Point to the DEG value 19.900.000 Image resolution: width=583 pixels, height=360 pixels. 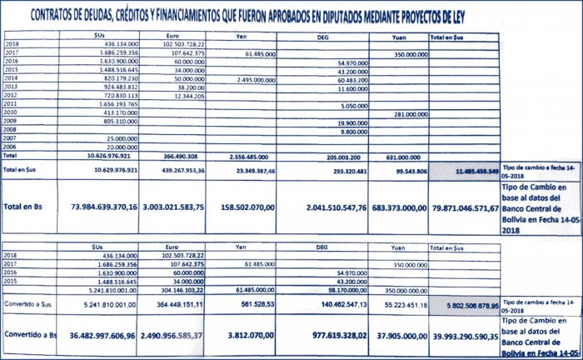pyautogui.click(x=351, y=122)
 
